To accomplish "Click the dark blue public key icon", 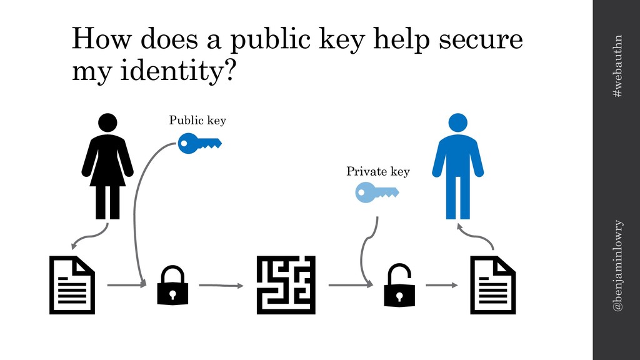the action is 199,144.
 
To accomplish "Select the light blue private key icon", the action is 377,193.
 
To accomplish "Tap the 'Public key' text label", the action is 197,120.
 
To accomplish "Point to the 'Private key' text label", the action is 378,171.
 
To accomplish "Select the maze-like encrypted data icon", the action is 286,285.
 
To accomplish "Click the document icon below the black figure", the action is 72,284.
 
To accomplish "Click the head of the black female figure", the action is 107,123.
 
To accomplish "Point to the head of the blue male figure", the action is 458,123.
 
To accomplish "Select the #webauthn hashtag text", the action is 617,66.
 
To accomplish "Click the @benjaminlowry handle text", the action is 617,266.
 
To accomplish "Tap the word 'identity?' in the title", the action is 154,72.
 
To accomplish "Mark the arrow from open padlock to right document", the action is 441,286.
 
